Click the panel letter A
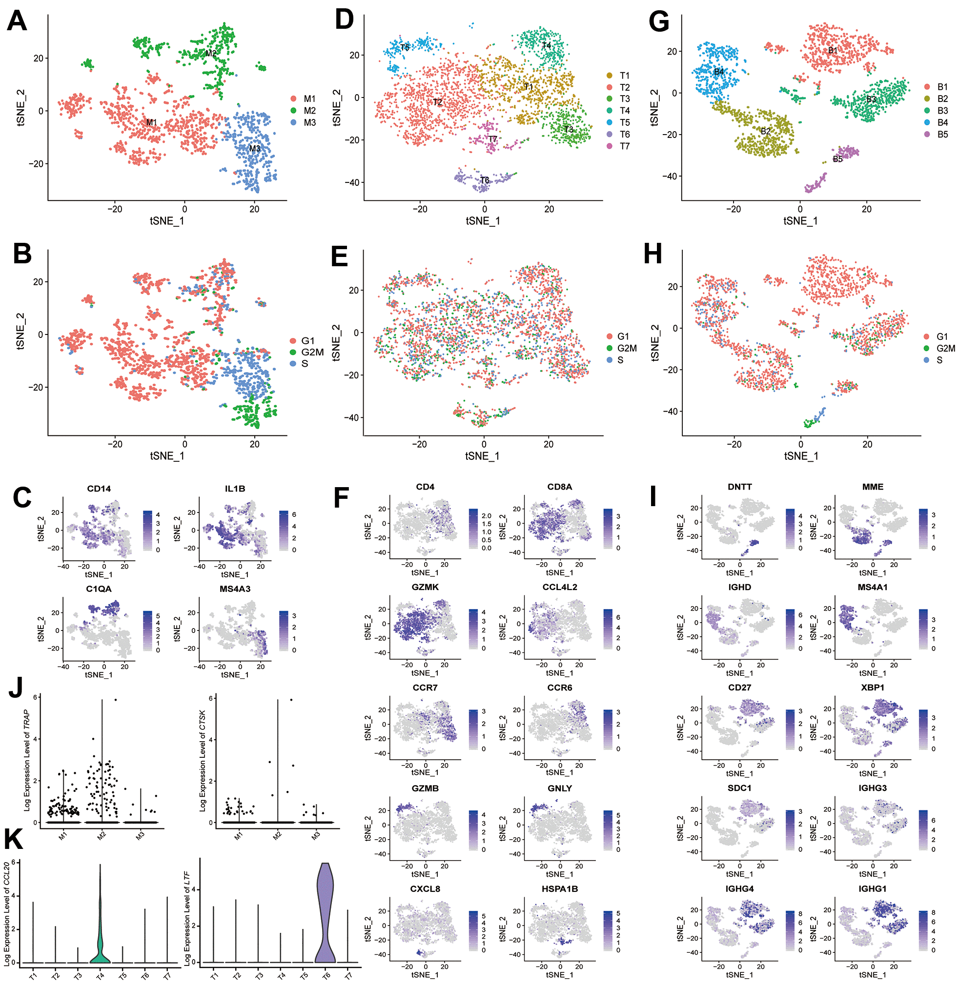[17, 22]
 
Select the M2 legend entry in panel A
[304, 111]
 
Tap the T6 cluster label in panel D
[484, 180]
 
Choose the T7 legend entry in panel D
[619, 146]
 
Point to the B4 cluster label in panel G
[719, 72]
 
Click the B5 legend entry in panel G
[937, 135]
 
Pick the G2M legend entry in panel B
[307, 353]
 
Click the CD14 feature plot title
[99, 489]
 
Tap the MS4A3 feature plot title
[235, 589]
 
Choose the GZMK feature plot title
[425, 587]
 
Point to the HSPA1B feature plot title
[560, 889]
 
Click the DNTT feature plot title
[739, 487]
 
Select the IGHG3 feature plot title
[872, 788]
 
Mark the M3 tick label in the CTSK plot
[316, 837]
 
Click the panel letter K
[14, 840]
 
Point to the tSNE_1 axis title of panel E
[482, 456]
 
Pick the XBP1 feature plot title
[872, 688]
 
